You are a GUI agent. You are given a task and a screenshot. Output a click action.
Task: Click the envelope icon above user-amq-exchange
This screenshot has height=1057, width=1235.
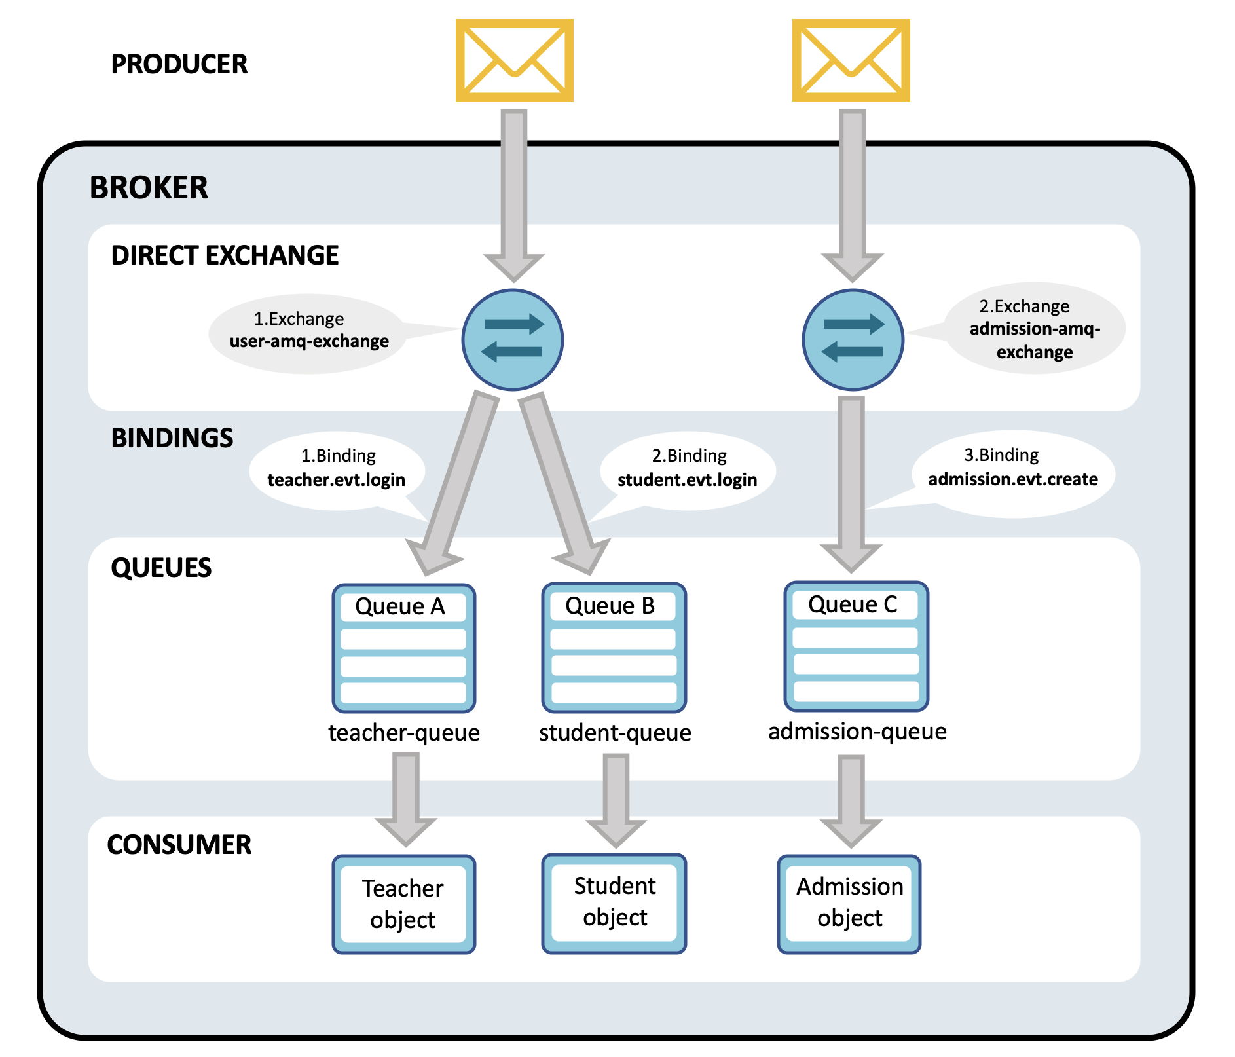tap(514, 60)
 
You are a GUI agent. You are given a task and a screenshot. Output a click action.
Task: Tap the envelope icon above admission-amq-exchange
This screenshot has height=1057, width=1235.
tap(851, 60)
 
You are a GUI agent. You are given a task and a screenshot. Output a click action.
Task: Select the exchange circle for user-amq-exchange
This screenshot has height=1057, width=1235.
tap(513, 340)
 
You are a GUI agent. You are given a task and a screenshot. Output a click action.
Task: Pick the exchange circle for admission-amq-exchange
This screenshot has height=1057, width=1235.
tap(853, 340)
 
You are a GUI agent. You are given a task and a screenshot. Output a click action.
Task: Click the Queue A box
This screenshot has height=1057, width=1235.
tap(403, 648)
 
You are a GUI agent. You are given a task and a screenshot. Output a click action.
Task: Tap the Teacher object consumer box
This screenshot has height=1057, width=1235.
tap(403, 904)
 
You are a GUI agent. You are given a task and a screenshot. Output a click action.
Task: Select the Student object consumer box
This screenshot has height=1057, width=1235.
tap(614, 902)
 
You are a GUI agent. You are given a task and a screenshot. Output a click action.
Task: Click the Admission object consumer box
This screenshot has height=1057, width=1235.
tap(849, 903)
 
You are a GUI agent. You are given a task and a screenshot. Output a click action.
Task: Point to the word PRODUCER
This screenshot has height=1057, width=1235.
tap(179, 64)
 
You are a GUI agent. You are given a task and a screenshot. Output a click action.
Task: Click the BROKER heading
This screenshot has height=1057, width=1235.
tap(149, 188)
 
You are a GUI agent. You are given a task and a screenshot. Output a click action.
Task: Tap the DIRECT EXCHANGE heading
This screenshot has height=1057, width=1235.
tap(225, 255)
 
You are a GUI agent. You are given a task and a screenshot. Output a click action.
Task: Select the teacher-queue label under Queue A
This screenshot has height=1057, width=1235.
tap(403, 732)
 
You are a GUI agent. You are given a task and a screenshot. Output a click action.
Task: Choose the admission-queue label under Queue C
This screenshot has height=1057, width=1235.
tap(857, 731)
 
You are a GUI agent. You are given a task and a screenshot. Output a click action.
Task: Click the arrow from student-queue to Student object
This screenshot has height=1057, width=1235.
tap(616, 799)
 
